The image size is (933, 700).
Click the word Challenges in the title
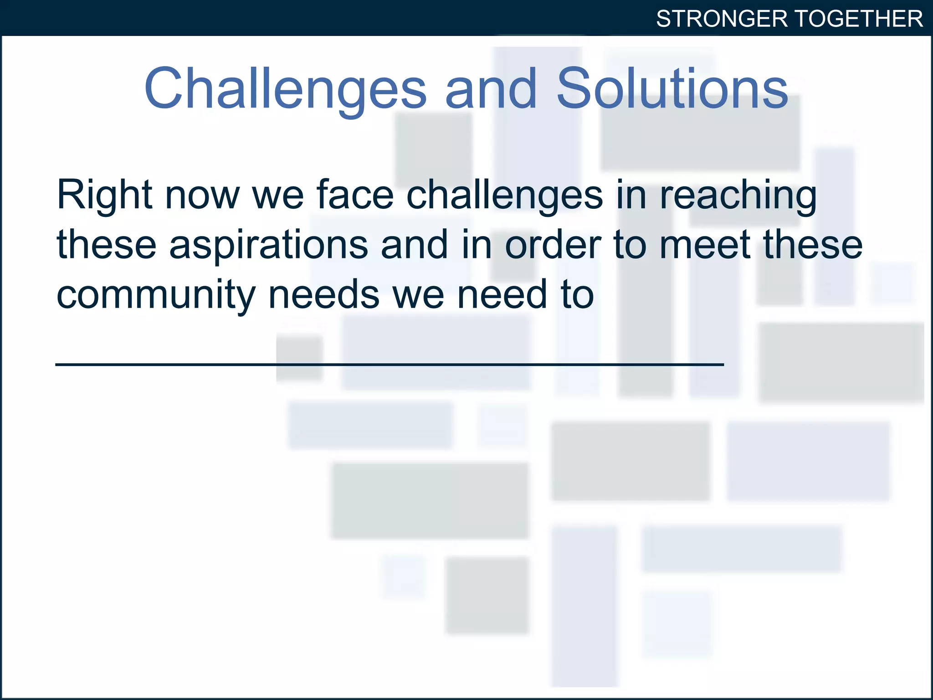click(x=285, y=88)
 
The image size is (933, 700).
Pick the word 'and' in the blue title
click(x=491, y=88)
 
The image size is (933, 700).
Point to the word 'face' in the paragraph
click(x=355, y=195)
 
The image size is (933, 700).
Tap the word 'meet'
click(x=705, y=245)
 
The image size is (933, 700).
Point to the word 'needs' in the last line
click(x=324, y=295)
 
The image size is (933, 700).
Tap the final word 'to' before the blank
click(x=578, y=295)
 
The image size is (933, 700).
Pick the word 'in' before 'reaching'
click(x=631, y=195)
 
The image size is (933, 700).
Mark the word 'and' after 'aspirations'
click(x=415, y=245)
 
